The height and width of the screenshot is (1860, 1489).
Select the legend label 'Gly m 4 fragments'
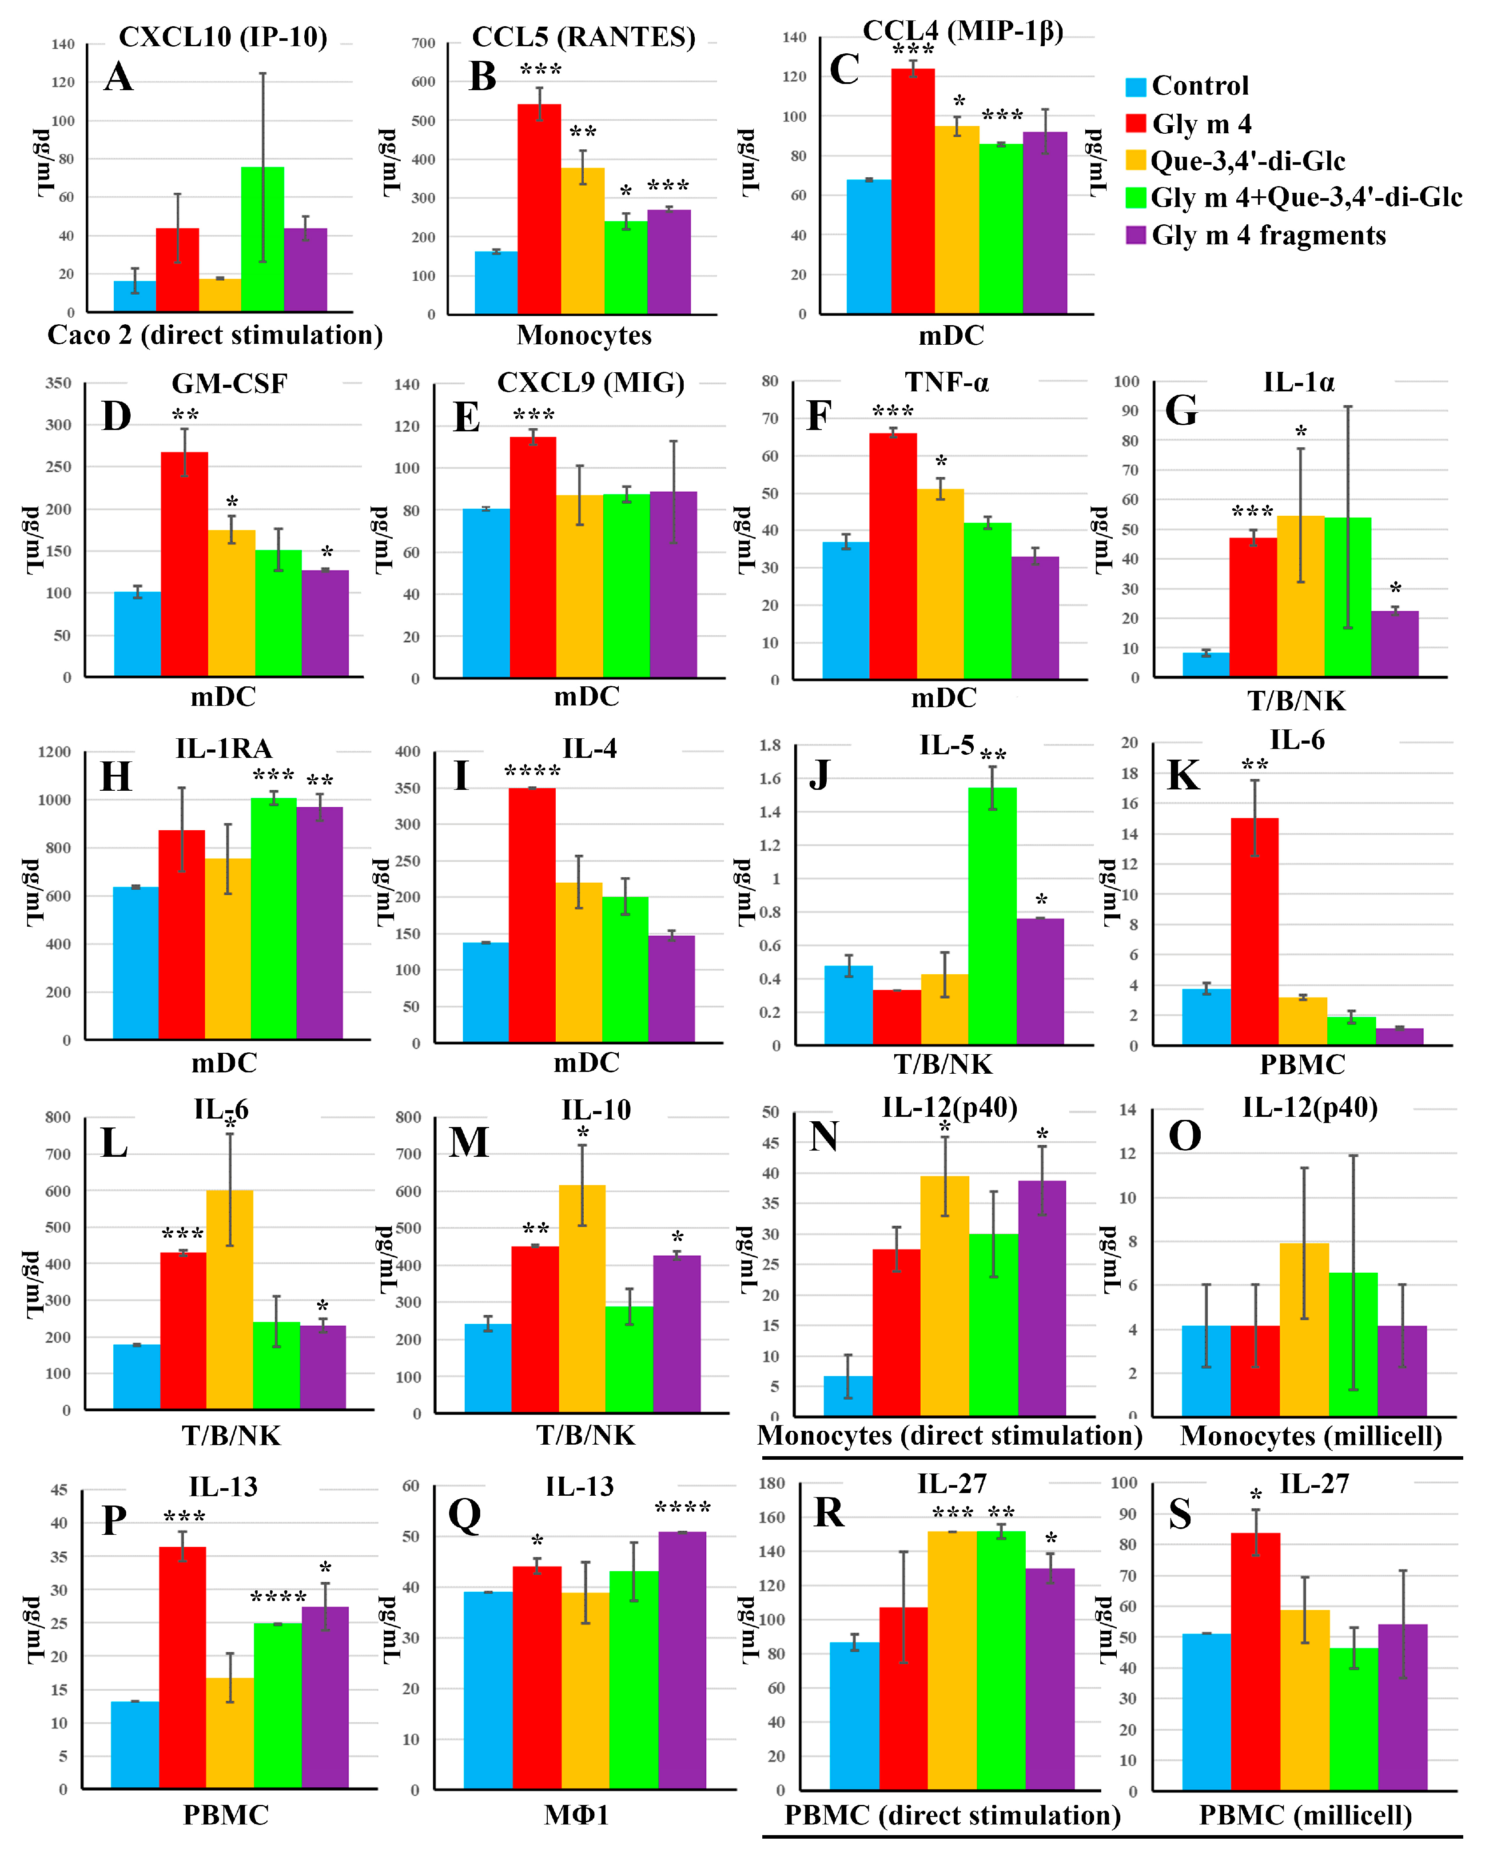(x=1268, y=235)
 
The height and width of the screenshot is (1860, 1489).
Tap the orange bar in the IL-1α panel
(x=1300, y=595)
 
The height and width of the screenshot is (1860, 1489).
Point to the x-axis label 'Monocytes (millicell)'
(x=1310, y=1436)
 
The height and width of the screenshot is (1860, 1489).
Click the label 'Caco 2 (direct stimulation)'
(x=215, y=335)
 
